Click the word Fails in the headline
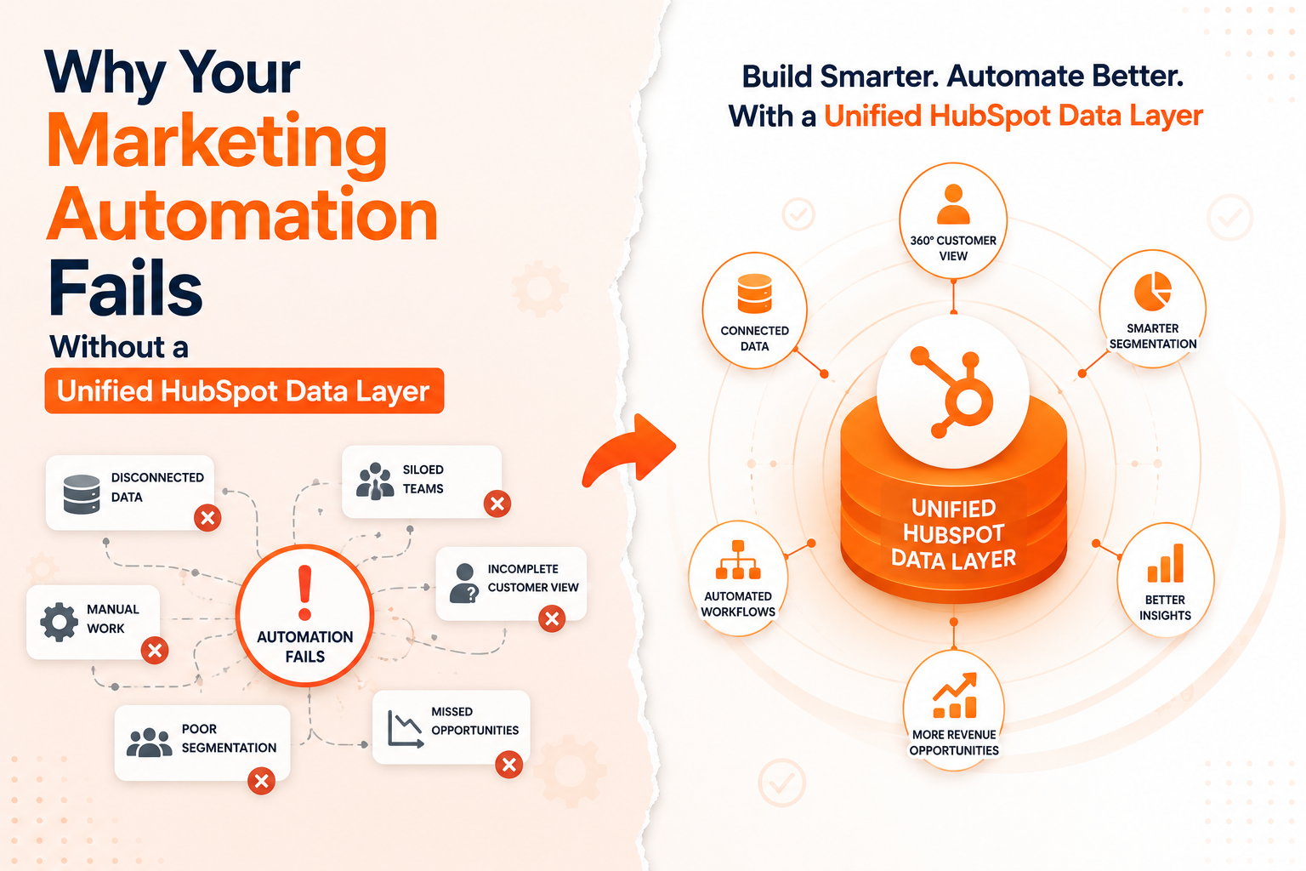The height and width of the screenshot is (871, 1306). pos(125,287)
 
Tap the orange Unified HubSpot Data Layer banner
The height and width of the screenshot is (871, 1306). pos(244,391)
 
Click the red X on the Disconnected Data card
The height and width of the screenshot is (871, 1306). pos(207,517)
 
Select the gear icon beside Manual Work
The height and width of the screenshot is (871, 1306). pos(59,622)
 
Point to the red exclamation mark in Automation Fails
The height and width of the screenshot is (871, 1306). pos(305,592)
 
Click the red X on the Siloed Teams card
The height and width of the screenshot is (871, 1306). pos(497,504)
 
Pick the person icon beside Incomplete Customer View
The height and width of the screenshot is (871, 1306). pos(464,583)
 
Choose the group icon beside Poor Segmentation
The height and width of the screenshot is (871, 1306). pos(150,742)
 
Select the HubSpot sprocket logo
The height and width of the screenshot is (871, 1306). pos(952,391)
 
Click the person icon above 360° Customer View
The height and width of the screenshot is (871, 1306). pos(953,204)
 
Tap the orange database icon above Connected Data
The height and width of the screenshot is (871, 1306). pos(754,293)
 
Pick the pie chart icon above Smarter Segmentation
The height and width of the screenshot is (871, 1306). pos(1153,291)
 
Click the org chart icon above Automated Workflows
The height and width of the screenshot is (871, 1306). pos(738,560)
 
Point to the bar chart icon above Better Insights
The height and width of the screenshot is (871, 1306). pos(1166,563)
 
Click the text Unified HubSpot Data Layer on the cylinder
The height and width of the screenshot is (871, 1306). pos(953,533)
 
